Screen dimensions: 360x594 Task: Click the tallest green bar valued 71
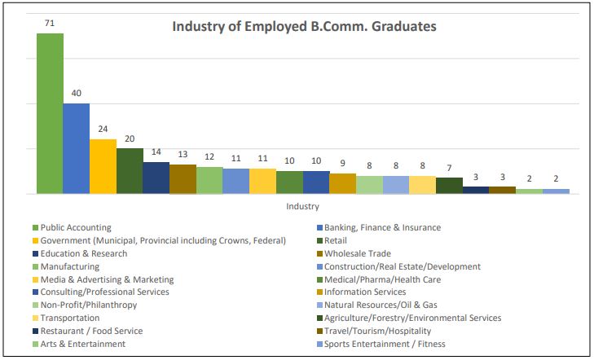(x=50, y=114)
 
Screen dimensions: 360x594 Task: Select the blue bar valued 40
(x=76, y=148)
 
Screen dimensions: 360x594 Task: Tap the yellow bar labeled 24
(x=103, y=166)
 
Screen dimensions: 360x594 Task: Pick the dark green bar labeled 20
(x=130, y=171)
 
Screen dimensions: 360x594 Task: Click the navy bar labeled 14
(x=156, y=178)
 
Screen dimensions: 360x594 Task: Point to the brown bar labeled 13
(x=183, y=179)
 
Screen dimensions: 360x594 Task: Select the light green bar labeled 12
(x=209, y=180)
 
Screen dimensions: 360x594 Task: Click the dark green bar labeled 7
(x=449, y=186)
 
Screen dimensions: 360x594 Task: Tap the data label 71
(x=50, y=23)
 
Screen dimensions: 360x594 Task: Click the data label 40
(x=76, y=93)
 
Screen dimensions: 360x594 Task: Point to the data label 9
(x=342, y=163)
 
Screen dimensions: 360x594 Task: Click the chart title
(x=304, y=27)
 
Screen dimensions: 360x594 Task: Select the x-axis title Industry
(x=302, y=206)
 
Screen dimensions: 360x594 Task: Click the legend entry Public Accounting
(x=76, y=228)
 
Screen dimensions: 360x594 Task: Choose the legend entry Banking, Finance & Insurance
(x=382, y=228)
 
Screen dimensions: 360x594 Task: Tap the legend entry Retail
(x=336, y=240)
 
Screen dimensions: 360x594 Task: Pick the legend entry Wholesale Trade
(x=359, y=253)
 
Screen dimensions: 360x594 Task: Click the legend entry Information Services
(x=365, y=292)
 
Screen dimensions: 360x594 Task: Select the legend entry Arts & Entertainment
(x=82, y=344)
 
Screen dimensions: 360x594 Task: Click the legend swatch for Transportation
(x=35, y=318)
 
